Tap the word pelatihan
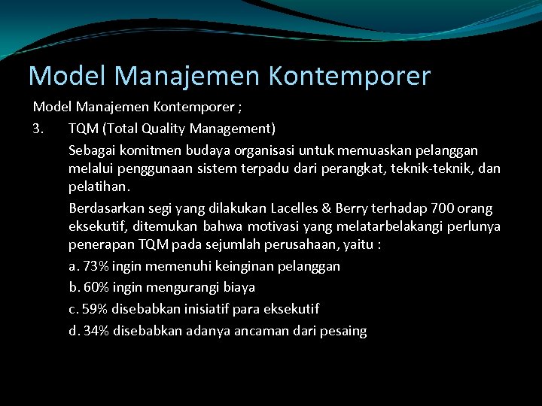[x=99, y=186]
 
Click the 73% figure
[x=97, y=266]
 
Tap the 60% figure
[x=97, y=287]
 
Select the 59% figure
[x=96, y=309]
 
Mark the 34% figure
[x=97, y=331]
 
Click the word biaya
[x=238, y=287]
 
